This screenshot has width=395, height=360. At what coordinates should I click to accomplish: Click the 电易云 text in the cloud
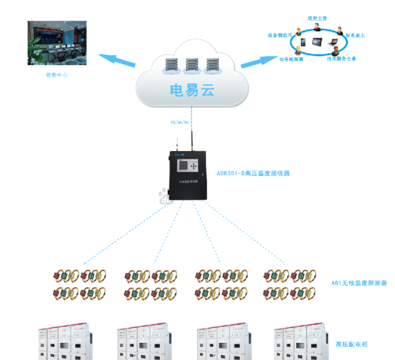click(191, 91)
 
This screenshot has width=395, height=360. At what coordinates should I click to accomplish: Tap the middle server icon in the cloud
click(192, 65)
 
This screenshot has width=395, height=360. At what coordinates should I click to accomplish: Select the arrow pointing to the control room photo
click(115, 59)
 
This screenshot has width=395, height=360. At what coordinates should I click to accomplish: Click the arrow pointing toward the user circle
click(265, 59)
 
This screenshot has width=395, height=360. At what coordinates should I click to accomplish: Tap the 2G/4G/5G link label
click(179, 123)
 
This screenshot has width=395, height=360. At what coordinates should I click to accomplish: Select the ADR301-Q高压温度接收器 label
click(253, 173)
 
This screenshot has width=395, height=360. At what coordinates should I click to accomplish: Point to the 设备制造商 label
click(278, 35)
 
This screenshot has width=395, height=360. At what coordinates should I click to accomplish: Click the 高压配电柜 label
click(352, 343)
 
